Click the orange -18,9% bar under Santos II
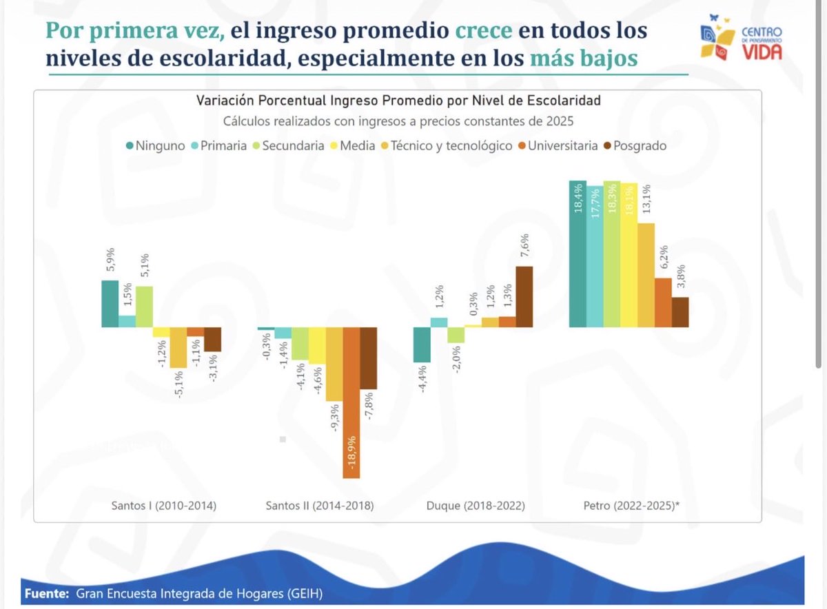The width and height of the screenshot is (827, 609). (351, 402)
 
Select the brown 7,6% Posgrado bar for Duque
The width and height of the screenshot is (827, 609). (524, 297)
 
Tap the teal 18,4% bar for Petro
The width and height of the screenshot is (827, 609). (578, 254)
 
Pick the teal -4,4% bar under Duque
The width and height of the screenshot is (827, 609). (422, 344)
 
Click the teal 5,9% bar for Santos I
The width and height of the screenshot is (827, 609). (110, 304)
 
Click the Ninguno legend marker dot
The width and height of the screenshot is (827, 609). (130, 146)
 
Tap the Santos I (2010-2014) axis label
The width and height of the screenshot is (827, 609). (164, 506)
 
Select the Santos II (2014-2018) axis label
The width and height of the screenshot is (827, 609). (320, 506)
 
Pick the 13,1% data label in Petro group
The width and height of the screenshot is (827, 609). (646, 204)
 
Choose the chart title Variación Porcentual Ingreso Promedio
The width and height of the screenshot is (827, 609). (398, 101)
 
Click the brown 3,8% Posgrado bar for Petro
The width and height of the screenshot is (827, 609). (680, 313)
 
